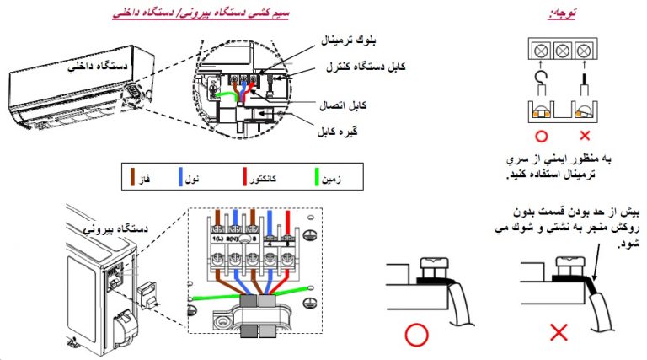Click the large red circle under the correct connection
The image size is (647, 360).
click(416, 335)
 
